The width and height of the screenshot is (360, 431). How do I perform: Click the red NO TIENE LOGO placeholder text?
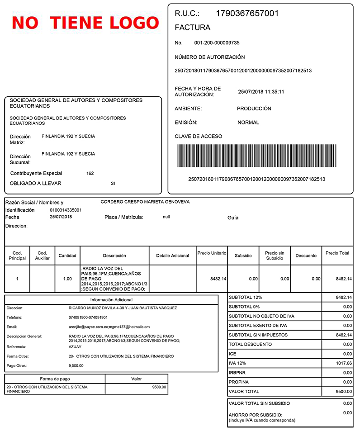pyautogui.click(x=85, y=23)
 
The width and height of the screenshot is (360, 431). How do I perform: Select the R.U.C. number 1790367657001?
pyautogui.click(x=247, y=14)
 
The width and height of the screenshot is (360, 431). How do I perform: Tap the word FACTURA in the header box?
pyautogui.click(x=192, y=28)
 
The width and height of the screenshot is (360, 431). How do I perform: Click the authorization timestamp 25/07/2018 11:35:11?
pyautogui.click(x=261, y=92)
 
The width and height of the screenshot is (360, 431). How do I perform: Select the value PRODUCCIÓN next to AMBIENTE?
pyautogui.click(x=254, y=109)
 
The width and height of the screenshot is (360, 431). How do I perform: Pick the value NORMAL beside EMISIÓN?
pyautogui.click(x=248, y=123)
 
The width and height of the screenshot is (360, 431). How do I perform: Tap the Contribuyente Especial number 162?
pyautogui.click(x=90, y=173)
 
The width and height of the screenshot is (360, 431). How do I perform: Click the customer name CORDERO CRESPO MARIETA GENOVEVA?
pyautogui.click(x=145, y=202)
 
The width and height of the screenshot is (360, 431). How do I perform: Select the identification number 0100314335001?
pyautogui.click(x=66, y=210)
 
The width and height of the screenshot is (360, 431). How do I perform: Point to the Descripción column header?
pyautogui.click(x=114, y=256)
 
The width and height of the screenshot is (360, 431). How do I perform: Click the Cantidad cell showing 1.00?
pyautogui.click(x=67, y=279)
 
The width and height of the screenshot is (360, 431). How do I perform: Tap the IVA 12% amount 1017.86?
pyautogui.click(x=344, y=363)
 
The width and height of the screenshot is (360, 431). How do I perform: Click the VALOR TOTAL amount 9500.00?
pyautogui.click(x=344, y=392)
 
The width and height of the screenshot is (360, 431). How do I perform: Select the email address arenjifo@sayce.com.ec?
pyautogui.click(x=90, y=327)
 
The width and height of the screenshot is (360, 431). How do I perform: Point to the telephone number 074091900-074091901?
pyautogui.click(x=88, y=317)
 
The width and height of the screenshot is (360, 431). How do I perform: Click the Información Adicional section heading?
pyautogui.click(x=111, y=299)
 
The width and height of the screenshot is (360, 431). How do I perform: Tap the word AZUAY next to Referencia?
pyautogui.click(x=75, y=347)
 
